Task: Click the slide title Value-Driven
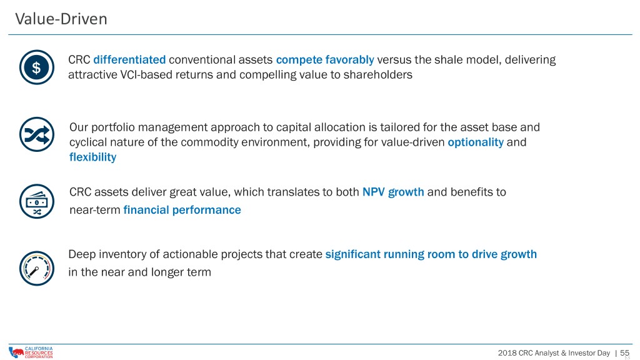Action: point(61,19)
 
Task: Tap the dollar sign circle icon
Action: point(37,67)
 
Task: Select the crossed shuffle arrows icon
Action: point(37,134)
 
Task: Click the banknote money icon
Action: point(37,201)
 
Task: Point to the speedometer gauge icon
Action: point(37,268)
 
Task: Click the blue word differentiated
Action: point(129,59)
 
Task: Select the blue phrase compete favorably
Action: point(325,60)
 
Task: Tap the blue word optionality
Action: point(476,142)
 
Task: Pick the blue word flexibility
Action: point(92,157)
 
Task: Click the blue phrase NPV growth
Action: point(393,192)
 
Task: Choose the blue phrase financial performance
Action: point(182,210)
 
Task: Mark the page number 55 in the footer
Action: point(624,352)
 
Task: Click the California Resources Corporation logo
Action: point(31,352)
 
